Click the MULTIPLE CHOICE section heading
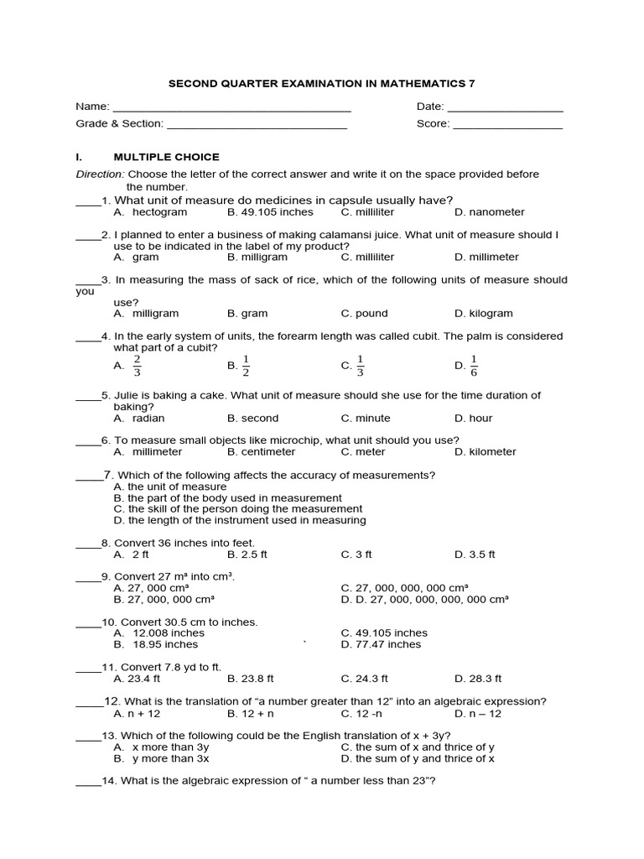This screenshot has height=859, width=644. (x=166, y=157)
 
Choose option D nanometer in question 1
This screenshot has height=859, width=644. (x=490, y=212)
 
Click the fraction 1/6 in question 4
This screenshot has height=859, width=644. (x=474, y=365)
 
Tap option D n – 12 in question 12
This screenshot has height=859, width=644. (x=478, y=713)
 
